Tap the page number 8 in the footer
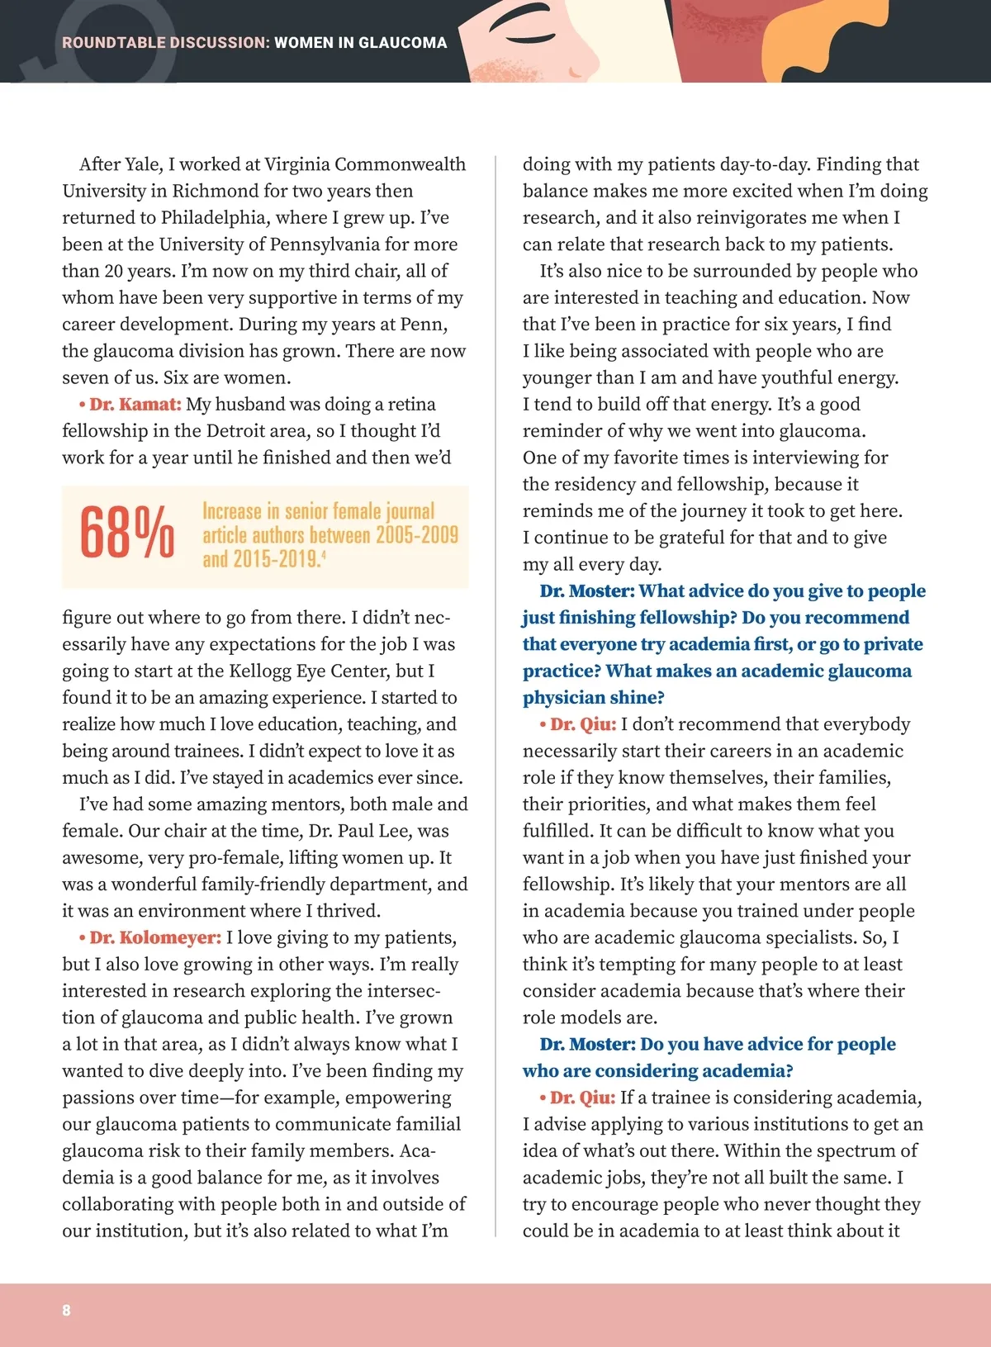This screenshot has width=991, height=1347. tap(66, 1310)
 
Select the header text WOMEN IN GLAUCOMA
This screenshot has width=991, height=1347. tap(361, 43)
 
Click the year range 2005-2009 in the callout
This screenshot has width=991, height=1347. tap(416, 535)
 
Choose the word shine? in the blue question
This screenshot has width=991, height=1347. tap(637, 698)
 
